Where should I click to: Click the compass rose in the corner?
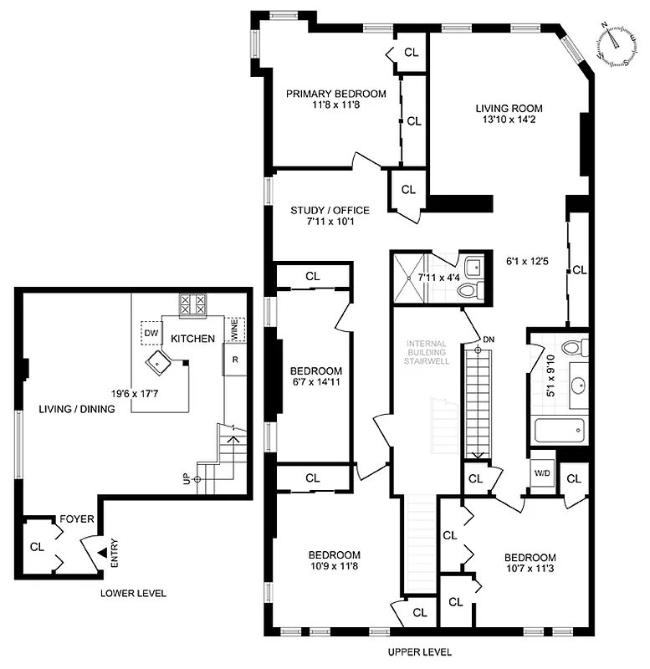tap(617, 43)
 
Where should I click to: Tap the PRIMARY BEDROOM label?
tap(336, 94)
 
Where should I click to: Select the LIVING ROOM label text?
tap(509, 108)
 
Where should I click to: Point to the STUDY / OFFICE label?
tap(330, 210)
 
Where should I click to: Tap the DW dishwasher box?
tap(151, 333)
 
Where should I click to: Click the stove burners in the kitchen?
tap(193, 304)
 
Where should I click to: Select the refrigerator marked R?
tap(236, 360)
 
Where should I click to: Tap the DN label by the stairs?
tap(489, 339)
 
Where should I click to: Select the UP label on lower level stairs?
tap(186, 479)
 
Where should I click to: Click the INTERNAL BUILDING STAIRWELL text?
tap(427, 352)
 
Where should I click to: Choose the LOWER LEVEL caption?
tap(133, 594)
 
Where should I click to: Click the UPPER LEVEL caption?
tap(419, 651)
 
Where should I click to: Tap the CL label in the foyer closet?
tap(37, 547)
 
